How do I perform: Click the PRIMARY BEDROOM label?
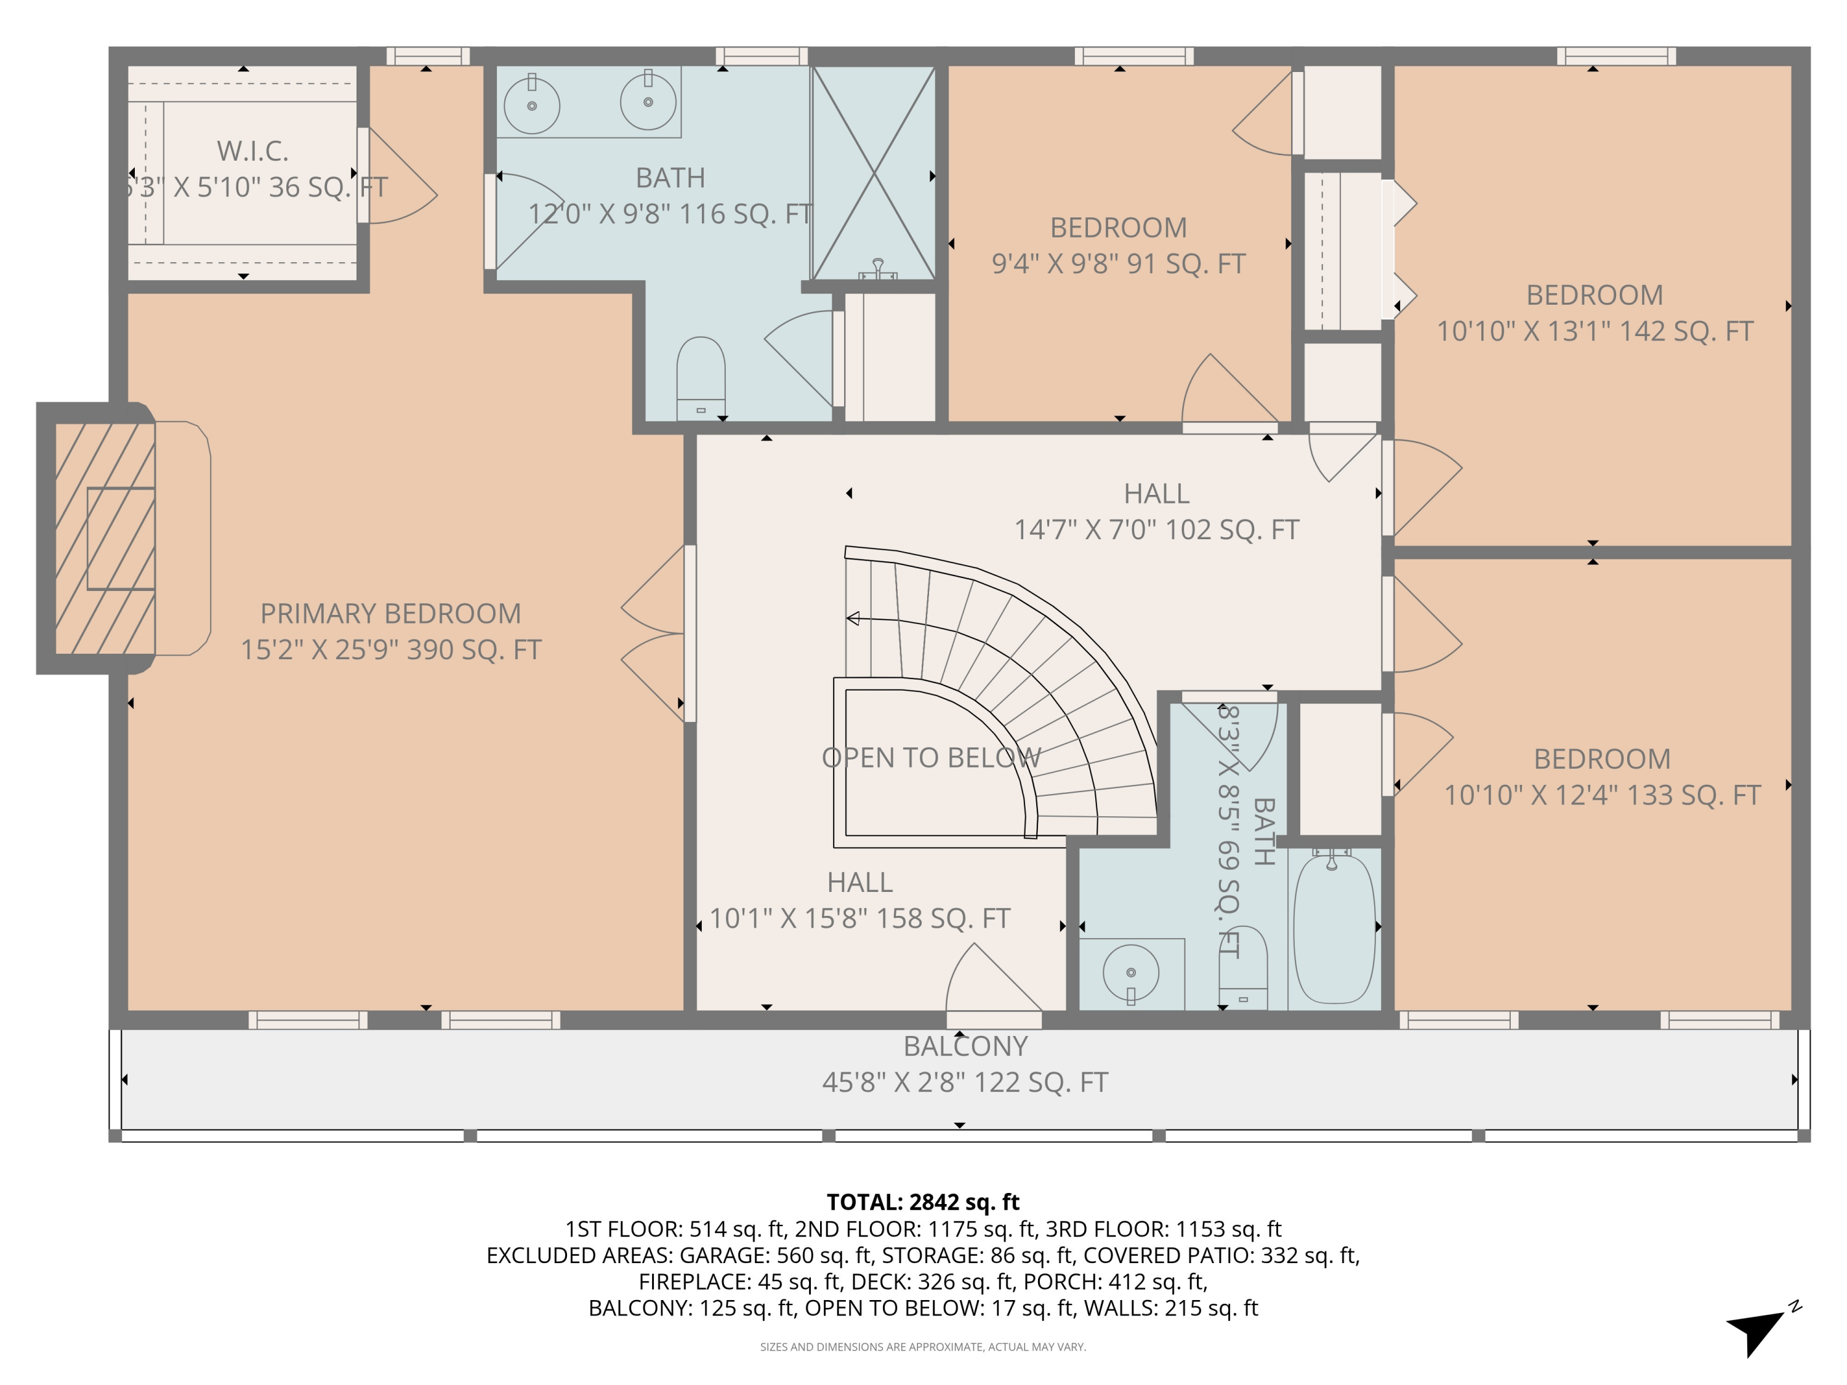click(390, 614)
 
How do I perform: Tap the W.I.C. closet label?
click(252, 151)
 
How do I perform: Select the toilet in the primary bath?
click(700, 378)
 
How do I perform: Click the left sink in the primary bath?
click(532, 105)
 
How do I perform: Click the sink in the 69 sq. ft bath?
click(1130, 973)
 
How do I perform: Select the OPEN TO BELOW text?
click(931, 758)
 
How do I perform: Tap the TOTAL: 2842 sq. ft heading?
click(923, 1202)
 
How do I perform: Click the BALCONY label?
click(965, 1046)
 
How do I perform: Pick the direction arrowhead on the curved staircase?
click(853, 619)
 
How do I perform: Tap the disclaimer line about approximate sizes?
click(923, 1347)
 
